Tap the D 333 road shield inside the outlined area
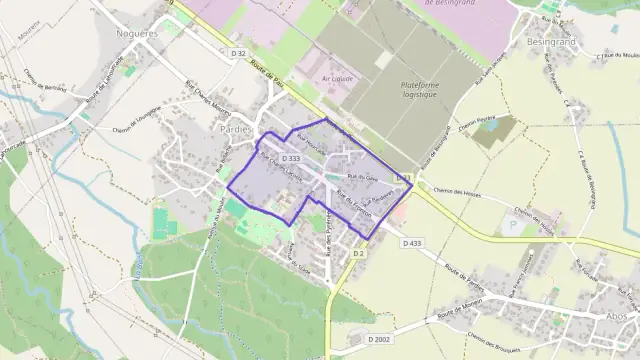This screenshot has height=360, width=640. pyautogui.click(x=291, y=158)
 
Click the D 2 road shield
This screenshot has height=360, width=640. pyautogui.click(x=358, y=254)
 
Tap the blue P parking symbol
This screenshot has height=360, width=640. pyautogui.click(x=514, y=227)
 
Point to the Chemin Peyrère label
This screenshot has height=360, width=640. pyautogui.click(x=478, y=127)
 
